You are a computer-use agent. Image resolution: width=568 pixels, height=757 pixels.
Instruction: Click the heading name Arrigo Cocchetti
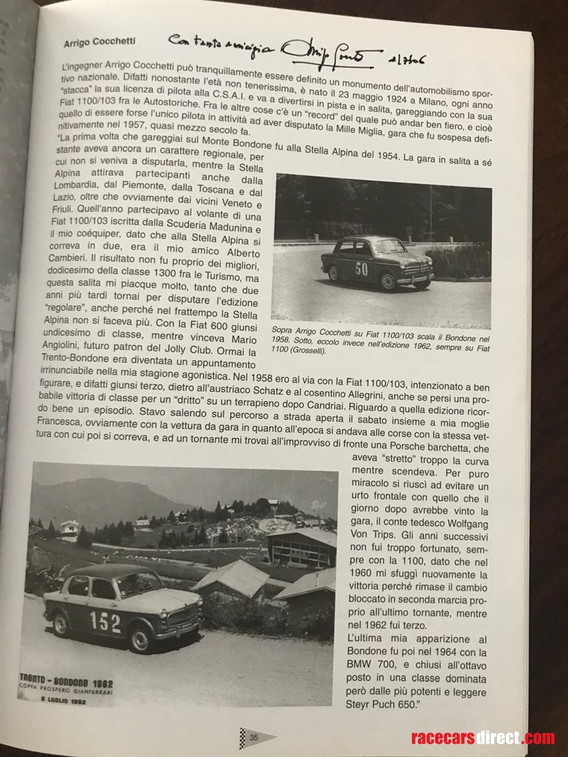(100, 41)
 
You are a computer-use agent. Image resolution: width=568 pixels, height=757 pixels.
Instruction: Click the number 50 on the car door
(361, 269)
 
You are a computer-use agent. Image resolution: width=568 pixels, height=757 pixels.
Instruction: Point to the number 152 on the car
(106, 622)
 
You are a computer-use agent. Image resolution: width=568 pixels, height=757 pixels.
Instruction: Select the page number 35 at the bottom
(254, 736)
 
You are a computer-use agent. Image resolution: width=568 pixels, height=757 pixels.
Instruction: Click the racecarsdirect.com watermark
(483, 738)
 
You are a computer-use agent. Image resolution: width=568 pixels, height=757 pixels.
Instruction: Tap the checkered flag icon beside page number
(243, 736)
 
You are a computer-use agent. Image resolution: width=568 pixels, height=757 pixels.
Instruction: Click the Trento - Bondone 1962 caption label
(66, 683)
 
